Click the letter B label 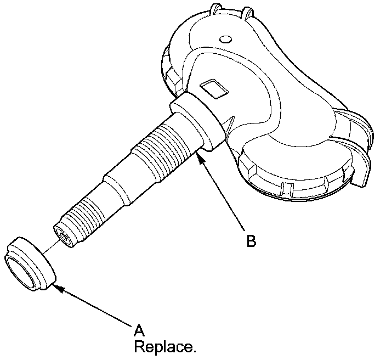coord(251,241)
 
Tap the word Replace coord(165,347)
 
